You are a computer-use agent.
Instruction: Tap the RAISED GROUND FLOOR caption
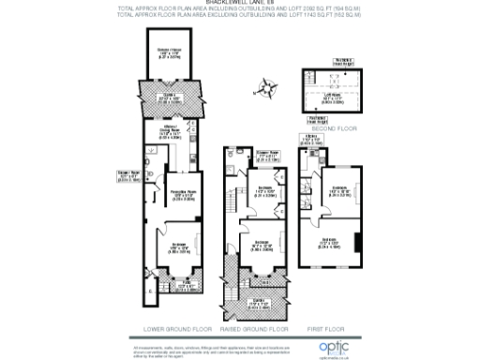250,329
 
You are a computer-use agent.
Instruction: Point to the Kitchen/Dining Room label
170,131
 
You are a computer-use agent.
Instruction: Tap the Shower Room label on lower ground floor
128,173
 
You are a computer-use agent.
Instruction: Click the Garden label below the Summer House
170,97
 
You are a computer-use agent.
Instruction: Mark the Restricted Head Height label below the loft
319,117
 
